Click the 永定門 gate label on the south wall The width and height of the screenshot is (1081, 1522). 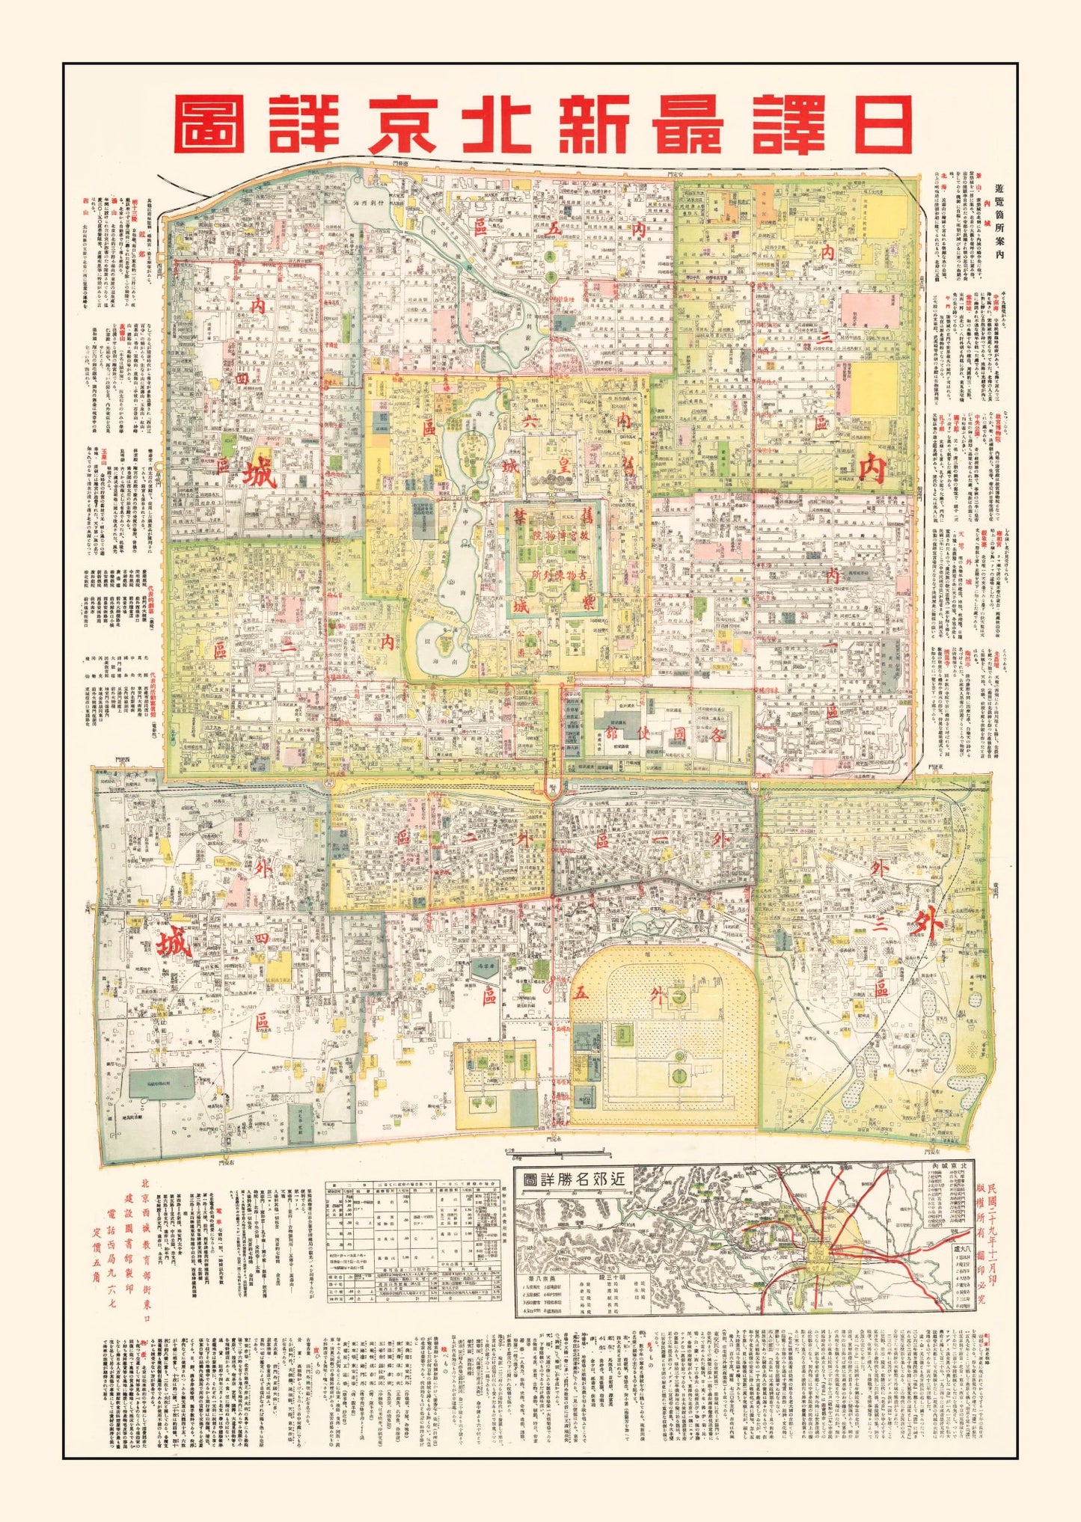554,1159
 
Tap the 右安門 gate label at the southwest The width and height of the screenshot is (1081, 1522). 224,1184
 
